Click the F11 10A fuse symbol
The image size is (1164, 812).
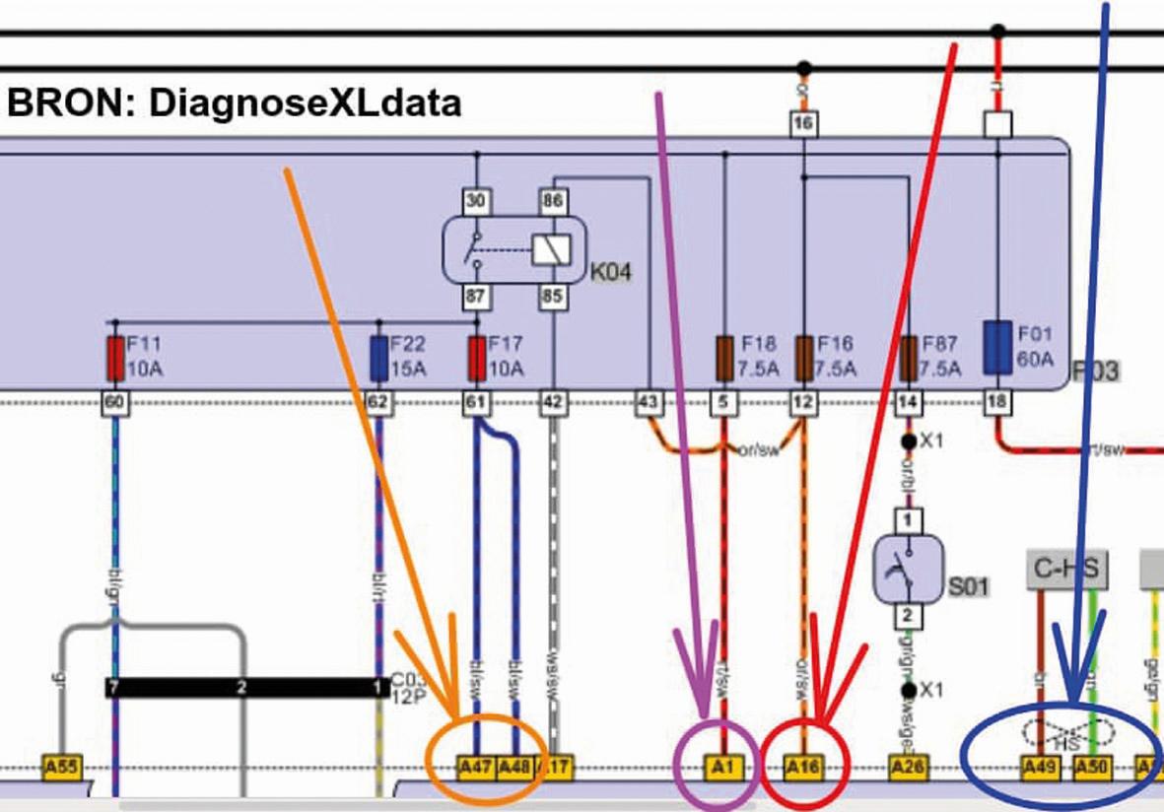pos(115,358)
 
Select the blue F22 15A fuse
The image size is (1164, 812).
pos(378,358)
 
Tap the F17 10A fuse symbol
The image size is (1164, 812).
pos(477,358)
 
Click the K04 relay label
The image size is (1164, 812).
pos(610,271)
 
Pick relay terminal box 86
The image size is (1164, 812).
pos(552,200)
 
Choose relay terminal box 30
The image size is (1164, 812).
pos(477,200)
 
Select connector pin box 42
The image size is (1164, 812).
pos(553,402)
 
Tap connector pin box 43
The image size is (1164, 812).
pos(649,402)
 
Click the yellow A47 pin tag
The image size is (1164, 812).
pos(476,766)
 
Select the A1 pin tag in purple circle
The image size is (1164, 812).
pos(722,766)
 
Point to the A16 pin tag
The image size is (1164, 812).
pos(802,766)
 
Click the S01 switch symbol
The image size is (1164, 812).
pos(910,569)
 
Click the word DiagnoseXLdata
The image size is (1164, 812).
pos(305,102)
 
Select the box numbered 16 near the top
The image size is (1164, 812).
pos(804,122)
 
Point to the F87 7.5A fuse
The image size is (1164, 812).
pos(910,358)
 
